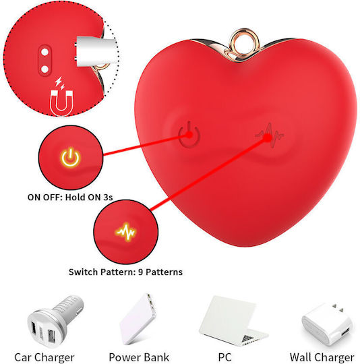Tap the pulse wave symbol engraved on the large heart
[269, 135]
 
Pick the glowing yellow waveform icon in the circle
[125, 232]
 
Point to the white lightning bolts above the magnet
[60, 83]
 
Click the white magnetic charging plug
[96, 51]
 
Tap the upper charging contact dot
[44, 52]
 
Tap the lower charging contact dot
[44, 69]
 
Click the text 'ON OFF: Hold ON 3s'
[70, 198]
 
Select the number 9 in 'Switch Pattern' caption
[140, 272]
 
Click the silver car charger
[55, 322]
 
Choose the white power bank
[138, 319]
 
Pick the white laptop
[233, 320]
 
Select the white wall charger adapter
[327, 324]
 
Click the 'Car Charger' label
[44, 357]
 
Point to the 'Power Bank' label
[139, 357]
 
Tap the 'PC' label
[224, 357]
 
